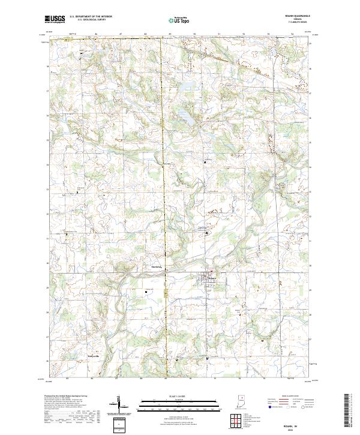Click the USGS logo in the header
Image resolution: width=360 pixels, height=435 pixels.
click(56, 19)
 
